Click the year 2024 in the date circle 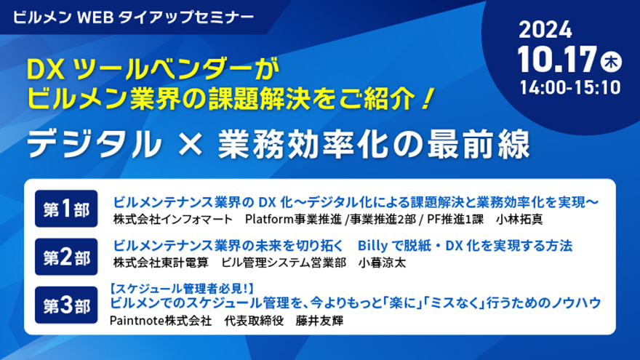545,30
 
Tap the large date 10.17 558,60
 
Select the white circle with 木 611,62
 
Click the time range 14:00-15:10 570,88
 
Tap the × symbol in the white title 191,144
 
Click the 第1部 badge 66,209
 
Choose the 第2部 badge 66,257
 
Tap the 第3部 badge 66,305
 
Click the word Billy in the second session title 372,246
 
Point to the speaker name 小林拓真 519,219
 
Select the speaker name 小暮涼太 382,263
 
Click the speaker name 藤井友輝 319,321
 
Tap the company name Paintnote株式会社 161,321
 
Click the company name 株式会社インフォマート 172,219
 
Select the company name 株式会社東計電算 161,263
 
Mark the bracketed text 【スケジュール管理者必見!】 182,289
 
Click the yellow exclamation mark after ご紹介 426,99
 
